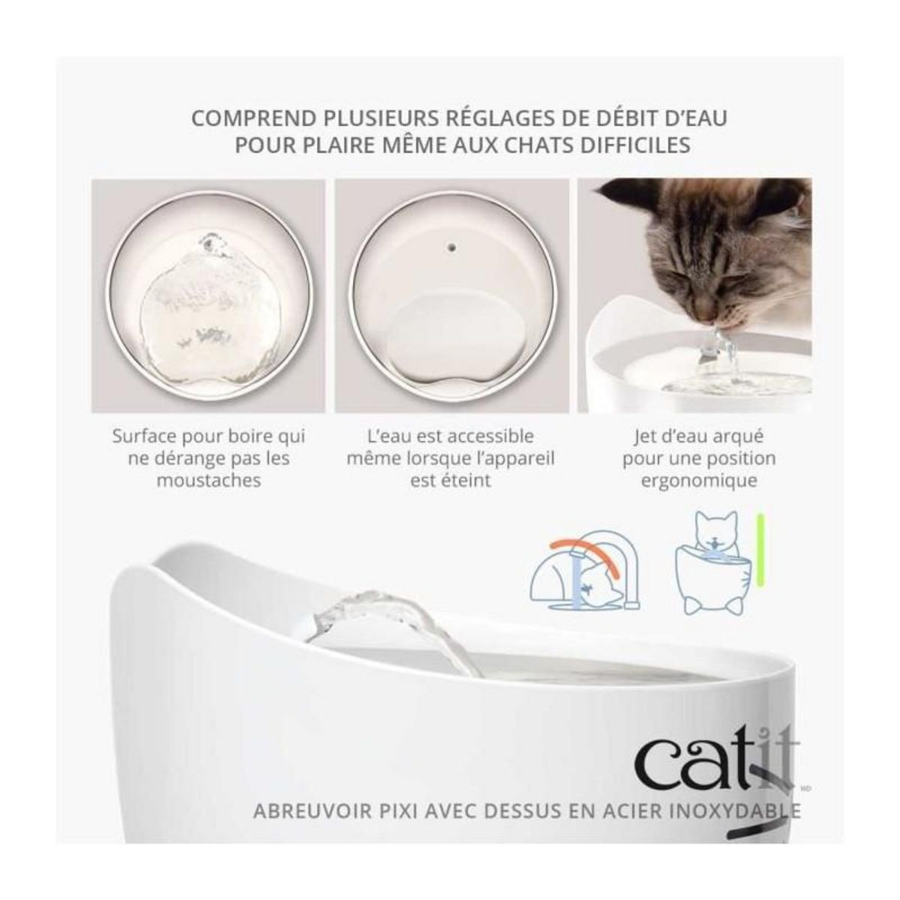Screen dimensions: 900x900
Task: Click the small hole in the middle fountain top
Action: (451, 245)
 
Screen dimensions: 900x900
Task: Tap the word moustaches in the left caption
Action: (208, 480)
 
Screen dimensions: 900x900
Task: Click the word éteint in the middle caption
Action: (450, 480)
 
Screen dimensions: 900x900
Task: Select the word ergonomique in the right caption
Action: (698, 480)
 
